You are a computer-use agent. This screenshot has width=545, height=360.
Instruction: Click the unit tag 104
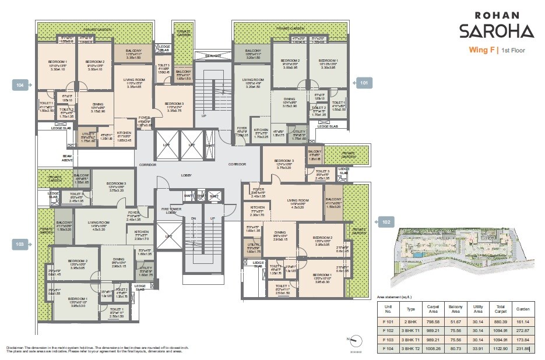point(20,85)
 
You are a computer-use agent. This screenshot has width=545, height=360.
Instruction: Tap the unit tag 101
point(364,83)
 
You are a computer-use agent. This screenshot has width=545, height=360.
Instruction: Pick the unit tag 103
point(20,244)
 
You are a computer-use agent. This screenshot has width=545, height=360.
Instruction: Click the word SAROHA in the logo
point(495,31)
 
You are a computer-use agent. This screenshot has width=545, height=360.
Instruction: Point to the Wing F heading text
point(482,50)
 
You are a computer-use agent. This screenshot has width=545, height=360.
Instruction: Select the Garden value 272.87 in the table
point(522,330)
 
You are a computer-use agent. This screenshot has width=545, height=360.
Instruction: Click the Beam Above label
point(68,158)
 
